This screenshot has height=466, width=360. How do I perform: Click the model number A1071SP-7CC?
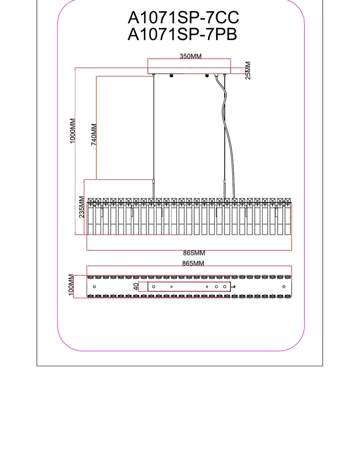[183, 18]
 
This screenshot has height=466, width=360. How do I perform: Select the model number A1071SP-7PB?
[183, 35]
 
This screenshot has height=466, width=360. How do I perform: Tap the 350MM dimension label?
[190, 56]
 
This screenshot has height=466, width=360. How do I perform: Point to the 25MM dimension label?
[248, 70]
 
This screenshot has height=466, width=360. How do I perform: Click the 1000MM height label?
[73, 131]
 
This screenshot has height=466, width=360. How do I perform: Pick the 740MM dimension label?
[94, 135]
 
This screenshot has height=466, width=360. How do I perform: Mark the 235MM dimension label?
[82, 206]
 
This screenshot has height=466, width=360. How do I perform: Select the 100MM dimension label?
[71, 285]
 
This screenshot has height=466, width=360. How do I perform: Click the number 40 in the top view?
[136, 287]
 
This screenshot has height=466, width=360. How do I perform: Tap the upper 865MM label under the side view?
[194, 254]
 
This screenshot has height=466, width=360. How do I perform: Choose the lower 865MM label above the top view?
[194, 263]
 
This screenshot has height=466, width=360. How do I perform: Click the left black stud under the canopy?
[172, 76]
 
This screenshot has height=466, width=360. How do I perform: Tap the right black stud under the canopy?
[207, 76]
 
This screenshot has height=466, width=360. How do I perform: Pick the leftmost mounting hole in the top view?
[95, 286]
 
